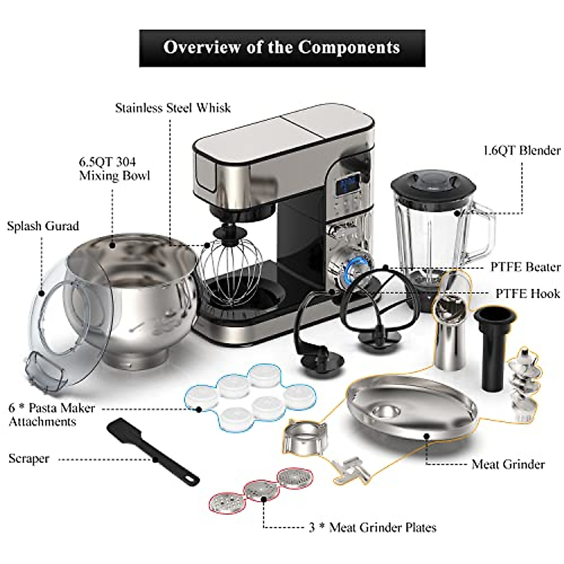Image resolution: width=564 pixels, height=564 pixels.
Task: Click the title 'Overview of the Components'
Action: (282, 47)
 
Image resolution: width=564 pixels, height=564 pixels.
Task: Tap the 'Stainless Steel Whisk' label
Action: (173, 108)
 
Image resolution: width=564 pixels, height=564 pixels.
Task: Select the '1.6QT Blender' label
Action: (522, 150)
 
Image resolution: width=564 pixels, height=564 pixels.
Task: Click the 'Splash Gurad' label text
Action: (43, 226)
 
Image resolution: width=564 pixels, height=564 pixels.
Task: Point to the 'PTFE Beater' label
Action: (525, 267)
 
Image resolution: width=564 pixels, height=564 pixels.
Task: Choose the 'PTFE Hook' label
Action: (528, 294)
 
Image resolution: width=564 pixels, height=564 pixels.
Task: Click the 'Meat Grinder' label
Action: (508, 464)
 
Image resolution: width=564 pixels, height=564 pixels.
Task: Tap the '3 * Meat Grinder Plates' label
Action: (372, 527)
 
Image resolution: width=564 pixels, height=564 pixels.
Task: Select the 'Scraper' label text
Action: (29, 458)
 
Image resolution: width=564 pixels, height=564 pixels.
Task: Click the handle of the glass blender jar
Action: (484, 235)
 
